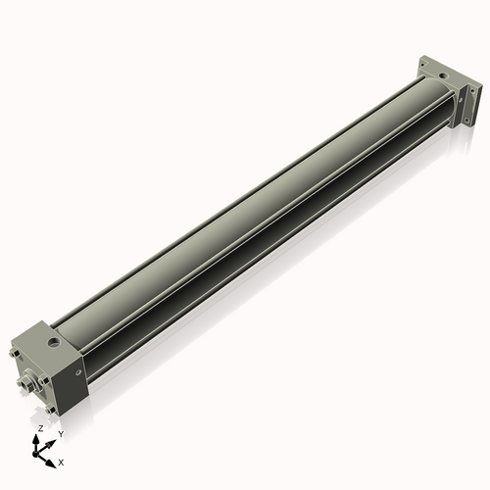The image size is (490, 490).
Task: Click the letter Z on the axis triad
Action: [x=39, y=429]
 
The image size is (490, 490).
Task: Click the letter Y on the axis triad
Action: [x=61, y=433]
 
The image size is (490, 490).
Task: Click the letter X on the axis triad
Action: [x=61, y=461]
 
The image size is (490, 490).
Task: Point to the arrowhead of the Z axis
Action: [x=39, y=438]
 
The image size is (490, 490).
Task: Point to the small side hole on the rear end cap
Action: [x=462, y=98]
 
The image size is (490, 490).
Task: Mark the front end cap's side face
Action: [x=73, y=377]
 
